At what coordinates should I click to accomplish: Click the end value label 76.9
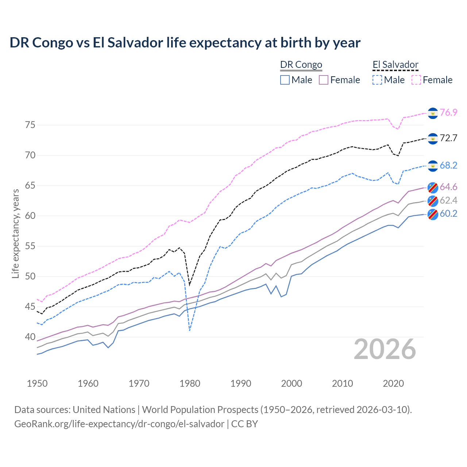point(448,112)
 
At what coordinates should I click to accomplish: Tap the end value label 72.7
point(448,138)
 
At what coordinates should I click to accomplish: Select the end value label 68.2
point(448,165)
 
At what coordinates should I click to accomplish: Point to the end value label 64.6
point(448,187)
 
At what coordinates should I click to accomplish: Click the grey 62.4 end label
point(448,200)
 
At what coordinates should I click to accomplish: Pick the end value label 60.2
point(448,213)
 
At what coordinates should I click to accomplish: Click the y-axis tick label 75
point(30,125)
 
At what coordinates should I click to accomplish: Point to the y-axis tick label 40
point(30,337)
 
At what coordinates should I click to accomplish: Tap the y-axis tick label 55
point(30,246)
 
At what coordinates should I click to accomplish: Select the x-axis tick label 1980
point(190,383)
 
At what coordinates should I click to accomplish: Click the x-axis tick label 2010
point(342,383)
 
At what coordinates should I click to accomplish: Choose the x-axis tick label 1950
point(37,383)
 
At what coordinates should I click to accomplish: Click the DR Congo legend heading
point(301,65)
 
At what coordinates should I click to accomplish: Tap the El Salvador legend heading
point(395,65)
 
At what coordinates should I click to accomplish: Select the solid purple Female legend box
point(324,80)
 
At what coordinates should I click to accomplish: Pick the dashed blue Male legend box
point(377,80)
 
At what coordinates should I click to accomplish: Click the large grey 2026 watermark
point(385,349)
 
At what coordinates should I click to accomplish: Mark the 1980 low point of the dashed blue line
point(190,331)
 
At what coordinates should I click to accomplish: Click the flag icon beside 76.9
point(432,113)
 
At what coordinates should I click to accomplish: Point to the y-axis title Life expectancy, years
point(15,233)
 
